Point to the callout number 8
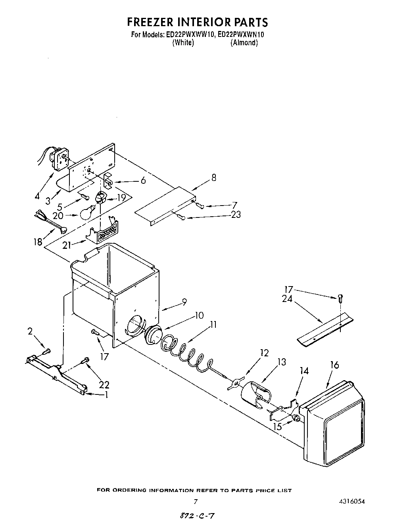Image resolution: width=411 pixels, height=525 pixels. click(214, 178)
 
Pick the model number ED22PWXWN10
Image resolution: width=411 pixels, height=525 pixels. click(241, 35)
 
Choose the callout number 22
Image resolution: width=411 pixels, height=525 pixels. click(104, 385)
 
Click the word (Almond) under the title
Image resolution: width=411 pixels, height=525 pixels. click(244, 43)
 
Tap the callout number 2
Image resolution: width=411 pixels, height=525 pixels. click(31, 332)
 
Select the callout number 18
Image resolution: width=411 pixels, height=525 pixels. click(38, 242)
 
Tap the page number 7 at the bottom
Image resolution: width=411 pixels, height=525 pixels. click(195, 502)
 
